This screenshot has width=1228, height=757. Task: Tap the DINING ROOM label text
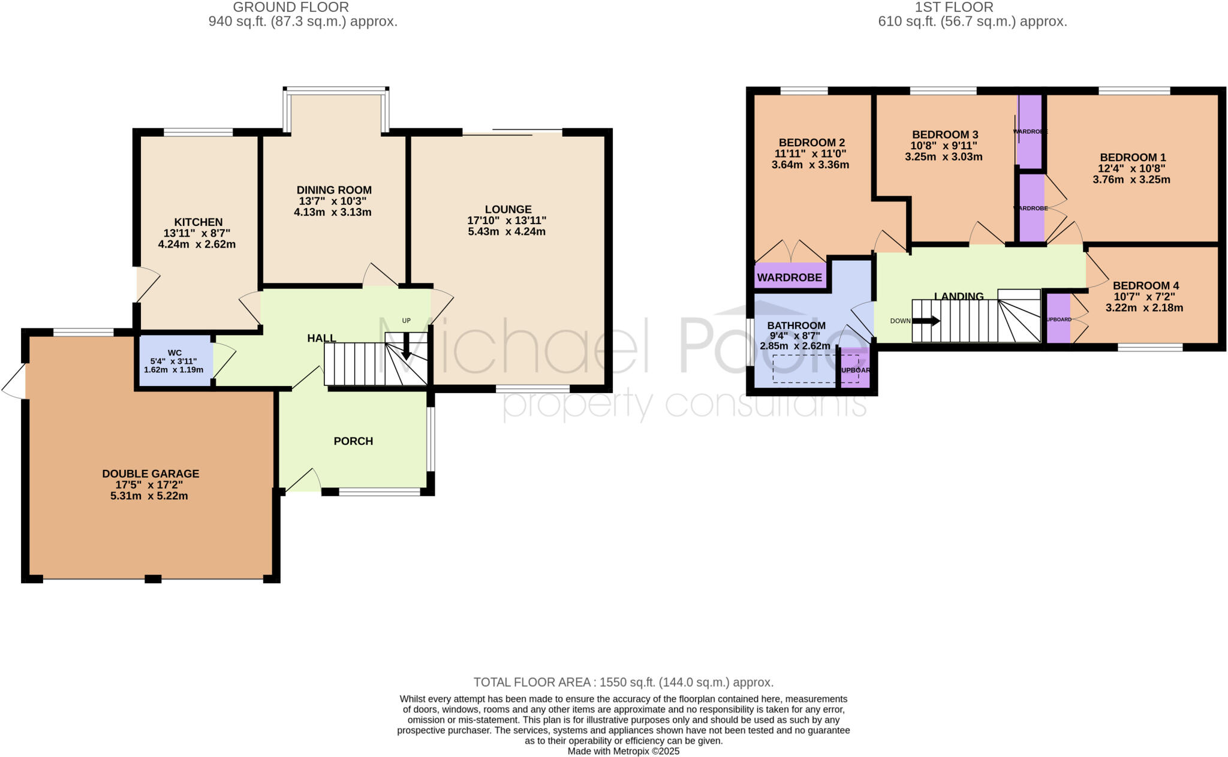[x=334, y=190]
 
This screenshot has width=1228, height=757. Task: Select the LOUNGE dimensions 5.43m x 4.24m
[x=507, y=232]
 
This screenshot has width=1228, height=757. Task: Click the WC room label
[x=174, y=353]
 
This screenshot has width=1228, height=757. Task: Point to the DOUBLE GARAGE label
[x=151, y=473]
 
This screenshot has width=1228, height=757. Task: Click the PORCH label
[x=353, y=441]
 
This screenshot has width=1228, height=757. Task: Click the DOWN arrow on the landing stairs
[x=926, y=321]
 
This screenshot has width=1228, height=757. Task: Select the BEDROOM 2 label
[x=812, y=143]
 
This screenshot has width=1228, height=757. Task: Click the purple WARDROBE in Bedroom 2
[x=790, y=277]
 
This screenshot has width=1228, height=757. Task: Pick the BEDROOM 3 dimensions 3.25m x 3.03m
[x=944, y=157]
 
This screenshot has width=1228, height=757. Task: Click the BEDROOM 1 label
[x=1133, y=158]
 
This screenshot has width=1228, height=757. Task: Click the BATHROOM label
[x=796, y=325]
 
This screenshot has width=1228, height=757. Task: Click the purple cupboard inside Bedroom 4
[x=1058, y=318]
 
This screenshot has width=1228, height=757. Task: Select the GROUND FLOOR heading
[x=291, y=7]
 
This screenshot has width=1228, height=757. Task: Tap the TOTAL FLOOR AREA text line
[x=623, y=682]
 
